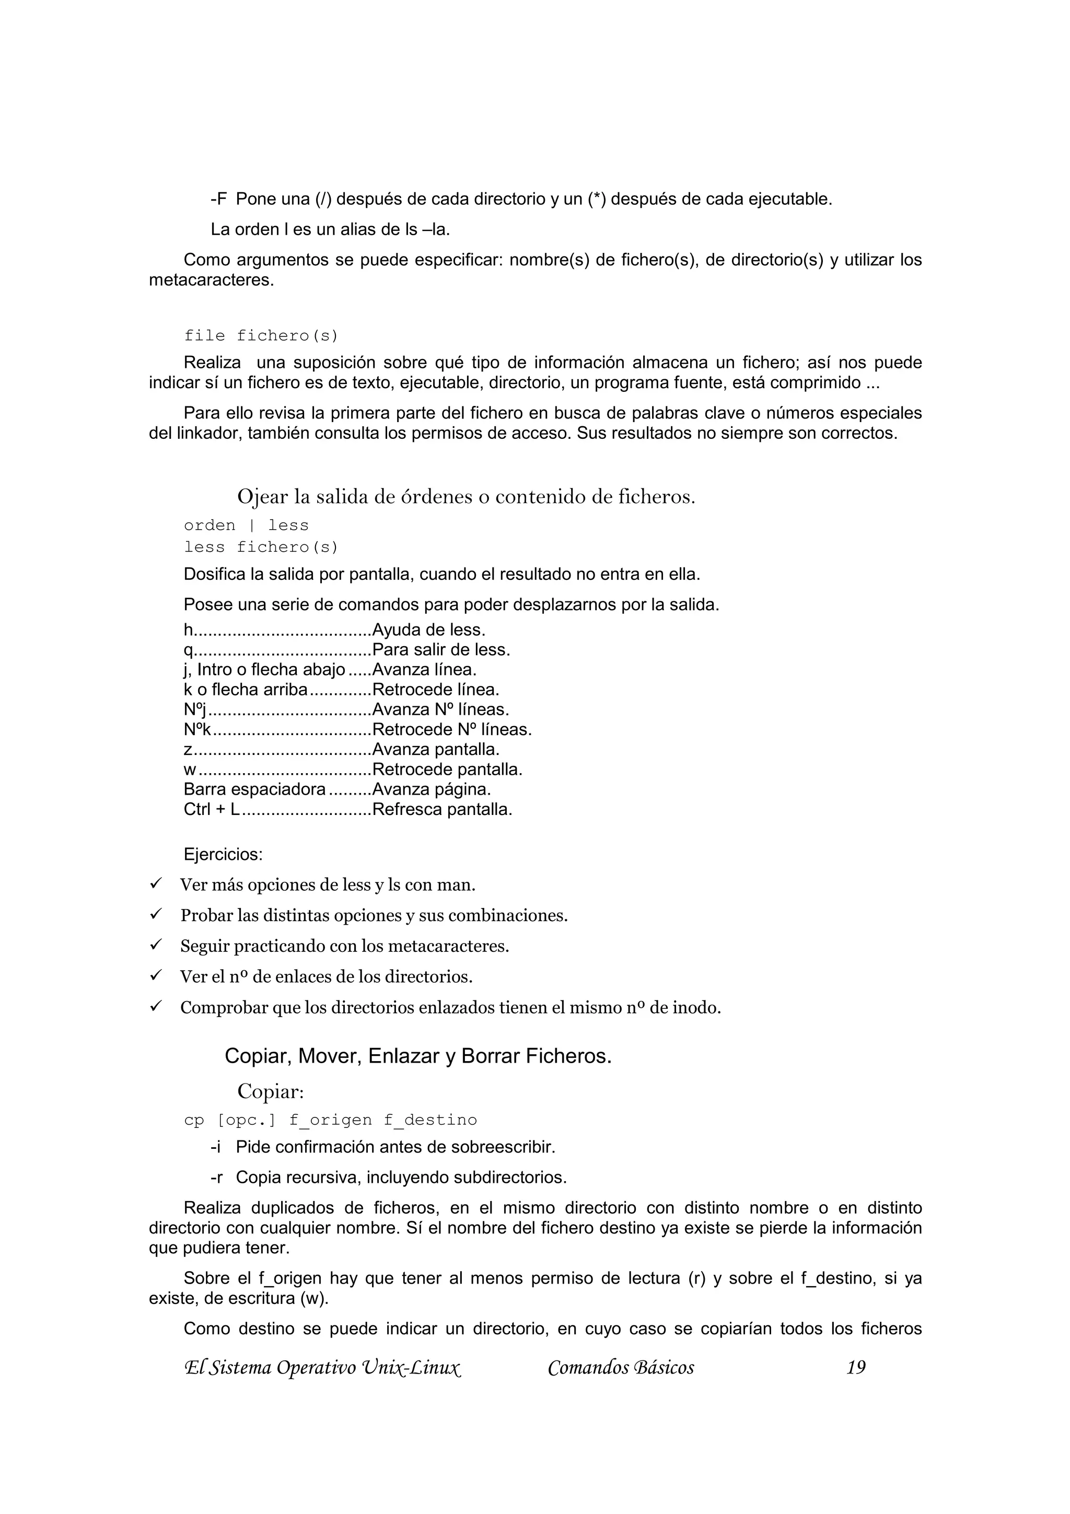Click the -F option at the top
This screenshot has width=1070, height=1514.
click(219, 199)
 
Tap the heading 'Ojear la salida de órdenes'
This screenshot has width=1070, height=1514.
click(466, 496)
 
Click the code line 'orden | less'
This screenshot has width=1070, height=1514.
click(246, 526)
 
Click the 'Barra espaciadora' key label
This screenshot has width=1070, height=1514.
click(254, 789)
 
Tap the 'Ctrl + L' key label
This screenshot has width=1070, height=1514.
click(212, 809)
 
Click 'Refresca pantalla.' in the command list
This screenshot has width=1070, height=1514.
click(441, 809)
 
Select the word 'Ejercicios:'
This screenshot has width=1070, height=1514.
click(223, 855)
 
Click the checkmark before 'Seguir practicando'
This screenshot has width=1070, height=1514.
click(156, 945)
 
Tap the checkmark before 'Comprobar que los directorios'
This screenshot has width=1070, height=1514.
click(156, 1006)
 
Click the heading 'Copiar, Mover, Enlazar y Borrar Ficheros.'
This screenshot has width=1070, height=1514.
click(418, 1056)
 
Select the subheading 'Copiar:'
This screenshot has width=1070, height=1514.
click(270, 1091)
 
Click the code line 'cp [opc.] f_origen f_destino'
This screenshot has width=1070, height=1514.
click(330, 1120)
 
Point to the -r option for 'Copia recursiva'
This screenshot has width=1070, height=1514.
click(216, 1177)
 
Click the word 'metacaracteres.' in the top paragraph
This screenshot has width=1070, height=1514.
click(211, 280)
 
